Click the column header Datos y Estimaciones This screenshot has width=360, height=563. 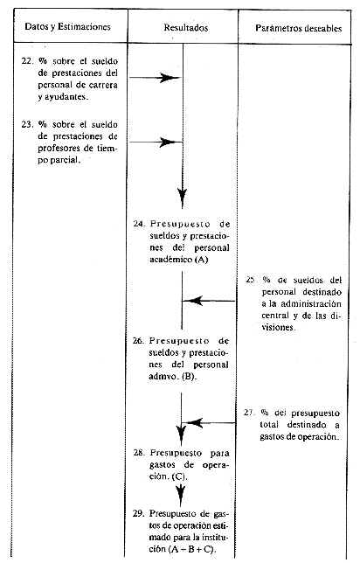coord(67,27)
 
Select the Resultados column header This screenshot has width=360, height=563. coord(186,28)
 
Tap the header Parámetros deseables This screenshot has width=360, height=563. coord(299,28)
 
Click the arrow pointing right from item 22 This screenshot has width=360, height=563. coord(156,78)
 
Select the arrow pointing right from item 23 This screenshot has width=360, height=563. coord(156,142)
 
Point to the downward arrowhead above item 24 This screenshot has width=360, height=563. coord(183,198)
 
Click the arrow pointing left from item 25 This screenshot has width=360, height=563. coord(209,301)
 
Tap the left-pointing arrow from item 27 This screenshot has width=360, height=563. coord(209,422)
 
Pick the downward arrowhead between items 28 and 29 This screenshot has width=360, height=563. coord(181,495)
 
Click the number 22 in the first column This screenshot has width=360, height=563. coord(27,61)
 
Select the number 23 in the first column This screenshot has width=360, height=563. coord(27,125)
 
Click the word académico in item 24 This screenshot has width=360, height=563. coord(171,260)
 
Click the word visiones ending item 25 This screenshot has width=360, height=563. coord(278,328)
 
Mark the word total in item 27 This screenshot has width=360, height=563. coord(269,425)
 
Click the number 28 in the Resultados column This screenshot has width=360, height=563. coord(139,453)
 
